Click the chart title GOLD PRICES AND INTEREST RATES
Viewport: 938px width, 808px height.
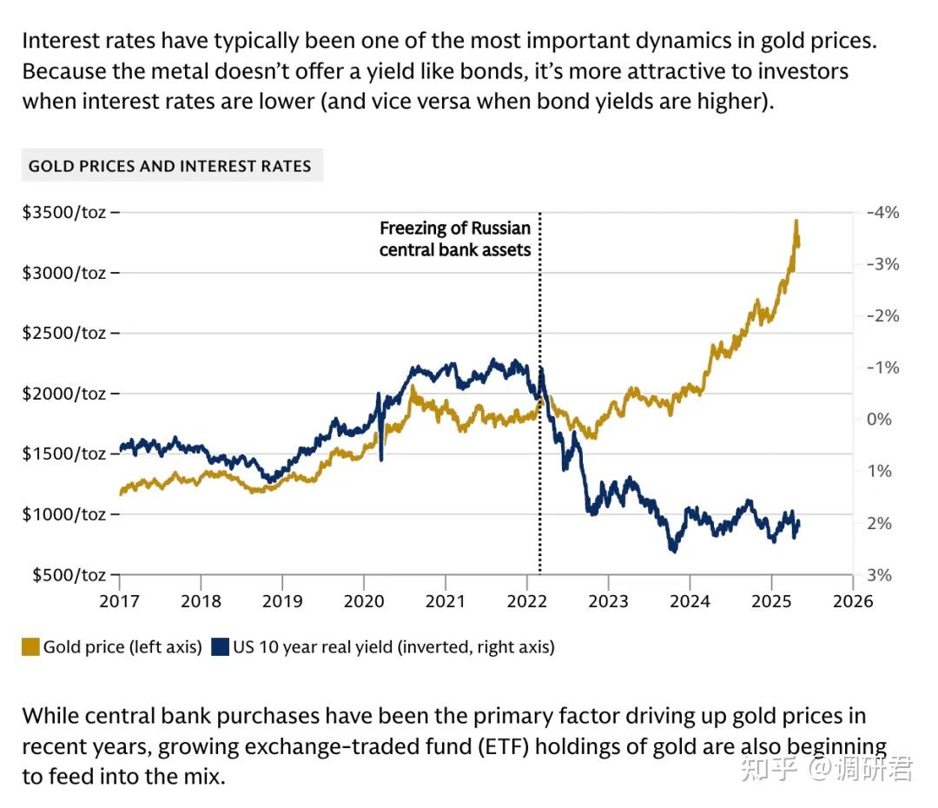click(x=170, y=165)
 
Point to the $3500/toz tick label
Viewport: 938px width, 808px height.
click(x=65, y=212)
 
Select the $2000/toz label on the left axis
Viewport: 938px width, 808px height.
click(x=65, y=394)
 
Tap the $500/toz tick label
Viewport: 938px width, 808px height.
click(x=69, y=575)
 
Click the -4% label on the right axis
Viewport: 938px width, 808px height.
click(x=883, y=212)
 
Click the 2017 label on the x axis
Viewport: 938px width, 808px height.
click(x=119, y=601)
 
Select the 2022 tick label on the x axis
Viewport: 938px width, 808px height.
click(x=527, y=601)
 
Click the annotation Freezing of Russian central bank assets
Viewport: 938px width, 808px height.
click(x=455, y=239)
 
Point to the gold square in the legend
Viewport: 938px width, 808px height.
click(x=30, y=646)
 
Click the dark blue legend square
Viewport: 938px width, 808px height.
click(x=220, y=646)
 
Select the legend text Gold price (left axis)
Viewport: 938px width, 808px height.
click(x=122, y=646)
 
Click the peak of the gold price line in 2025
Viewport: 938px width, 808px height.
click(x=796, y=222)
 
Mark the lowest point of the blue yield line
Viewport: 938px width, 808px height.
click(x=672, y=551)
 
